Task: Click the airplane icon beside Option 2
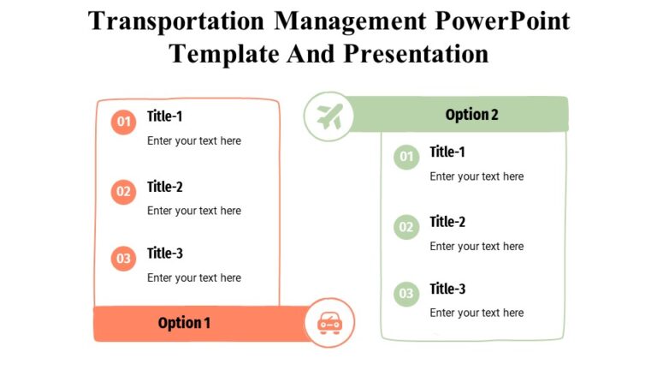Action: click(329, 116)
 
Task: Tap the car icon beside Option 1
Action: click(329, 323)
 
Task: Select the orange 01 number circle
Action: click(124, 122)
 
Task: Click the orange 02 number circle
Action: click(124, 192)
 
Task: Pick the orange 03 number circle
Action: click(124, 258)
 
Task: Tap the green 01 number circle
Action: click(406, 157)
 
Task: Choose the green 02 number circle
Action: click(406, 227)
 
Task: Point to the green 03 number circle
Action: click(406, 294)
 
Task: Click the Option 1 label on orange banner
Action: click(184, 323)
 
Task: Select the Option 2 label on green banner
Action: click(471, 115)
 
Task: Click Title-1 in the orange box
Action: click(165, 116)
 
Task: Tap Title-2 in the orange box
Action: click(165, 187)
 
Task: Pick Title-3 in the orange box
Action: click(165, 253)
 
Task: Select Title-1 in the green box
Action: click(447, 152)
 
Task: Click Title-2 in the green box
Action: click(447, 222)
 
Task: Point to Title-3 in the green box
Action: click(447, 289)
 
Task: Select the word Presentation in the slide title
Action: click(416, 53)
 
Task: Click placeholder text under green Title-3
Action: click(476, 313)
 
